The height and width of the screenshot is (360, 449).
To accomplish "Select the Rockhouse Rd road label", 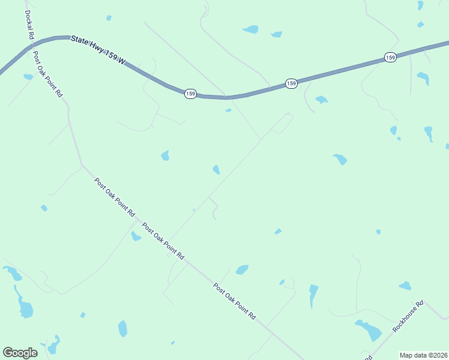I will (x=409, y=316).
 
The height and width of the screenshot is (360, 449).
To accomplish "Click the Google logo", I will (x=20, y=353).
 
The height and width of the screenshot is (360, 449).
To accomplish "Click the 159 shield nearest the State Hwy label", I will (x=190, y=94).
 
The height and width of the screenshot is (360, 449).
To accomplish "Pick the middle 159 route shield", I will (x=291, y=83).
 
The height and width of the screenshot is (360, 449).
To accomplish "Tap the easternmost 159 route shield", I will (x=390, y=58).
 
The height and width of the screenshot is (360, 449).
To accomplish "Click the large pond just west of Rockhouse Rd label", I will (x=369, y=330).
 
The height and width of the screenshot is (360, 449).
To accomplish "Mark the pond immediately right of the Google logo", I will (x=53, y=346).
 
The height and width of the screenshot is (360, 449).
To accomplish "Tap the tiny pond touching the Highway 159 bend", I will (x=228, y=110).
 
